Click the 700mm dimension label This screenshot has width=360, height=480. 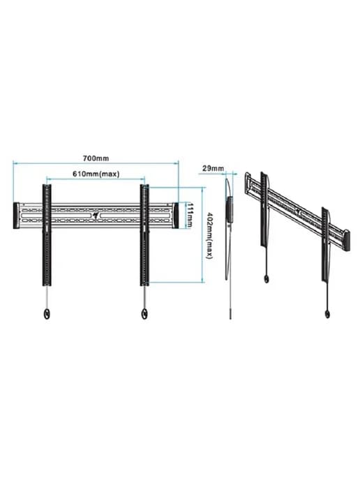point(96,158)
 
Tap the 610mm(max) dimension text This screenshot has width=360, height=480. point(96,174)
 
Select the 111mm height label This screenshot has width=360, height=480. point(190,215)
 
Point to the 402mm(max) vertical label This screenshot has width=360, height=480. point(210,235)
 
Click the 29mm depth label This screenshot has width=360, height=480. point(213,168)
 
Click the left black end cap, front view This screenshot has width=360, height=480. point(17,215)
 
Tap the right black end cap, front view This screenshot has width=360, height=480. point(175,215)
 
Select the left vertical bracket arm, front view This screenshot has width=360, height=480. point(47,235)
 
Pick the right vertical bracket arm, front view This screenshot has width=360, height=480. point(144,235)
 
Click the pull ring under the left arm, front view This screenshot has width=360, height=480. point(47,314)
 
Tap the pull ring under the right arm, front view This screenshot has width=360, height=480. point(144,314)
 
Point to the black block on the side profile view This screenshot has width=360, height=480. point(230,209)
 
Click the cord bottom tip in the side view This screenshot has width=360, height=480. point(230,318)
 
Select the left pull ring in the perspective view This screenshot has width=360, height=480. point(267,278)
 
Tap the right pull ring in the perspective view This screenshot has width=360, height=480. point(327,314)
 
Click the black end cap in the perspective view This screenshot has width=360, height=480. point(347,241)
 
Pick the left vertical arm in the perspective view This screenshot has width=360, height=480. point(264,209)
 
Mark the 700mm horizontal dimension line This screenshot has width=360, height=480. point(96,163)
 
